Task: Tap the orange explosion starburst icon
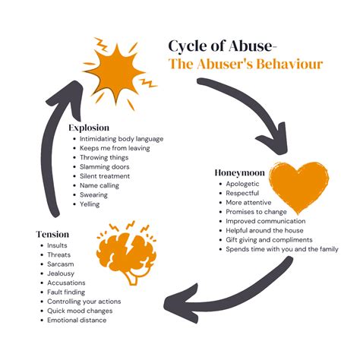tap(118, 74)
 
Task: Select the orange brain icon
tap(127, 253)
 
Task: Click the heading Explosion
tap(89, 128)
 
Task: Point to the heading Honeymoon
tap(239, 172)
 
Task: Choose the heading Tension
tap(52, 234)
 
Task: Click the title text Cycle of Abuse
tap(220, 46)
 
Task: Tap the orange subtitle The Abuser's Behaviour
tap(245, 64)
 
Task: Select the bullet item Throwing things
tap(104, 157)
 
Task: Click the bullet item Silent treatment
tap(105, 176)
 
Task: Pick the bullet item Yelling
tap(90, 204)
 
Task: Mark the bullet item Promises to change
tap(256, 212)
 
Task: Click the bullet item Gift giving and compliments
tap(269, 240)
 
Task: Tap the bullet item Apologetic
tap(242, 184)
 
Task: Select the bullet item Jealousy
tap(61, 273)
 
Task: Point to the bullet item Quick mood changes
tap(80, 311)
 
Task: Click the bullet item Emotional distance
tap(77, 321)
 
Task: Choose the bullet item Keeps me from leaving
tap(115, 148)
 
